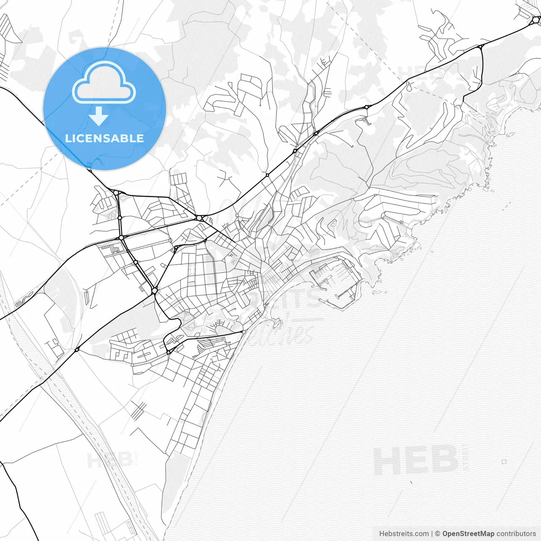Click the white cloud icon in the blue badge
[x=104, y=82]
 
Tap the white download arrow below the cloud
[x=99, y=116]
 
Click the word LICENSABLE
[x=104, y=138]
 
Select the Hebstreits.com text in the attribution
[x=404, y=534]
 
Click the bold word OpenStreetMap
[x=468, y=534]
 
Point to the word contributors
[x=516, y=534]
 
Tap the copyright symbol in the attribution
[x=438, y=534]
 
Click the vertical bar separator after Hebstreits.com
[x=432, y=534]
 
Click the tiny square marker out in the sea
[x=504, y=462]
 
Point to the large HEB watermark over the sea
[x=416, y=461]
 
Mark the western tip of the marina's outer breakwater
[x=320, y=301]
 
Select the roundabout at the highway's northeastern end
[x=536, y=19]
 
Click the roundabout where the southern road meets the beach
[x=243, y=332]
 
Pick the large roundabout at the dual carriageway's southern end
[x=155, y=291]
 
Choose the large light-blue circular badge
[x=104, y=109]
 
